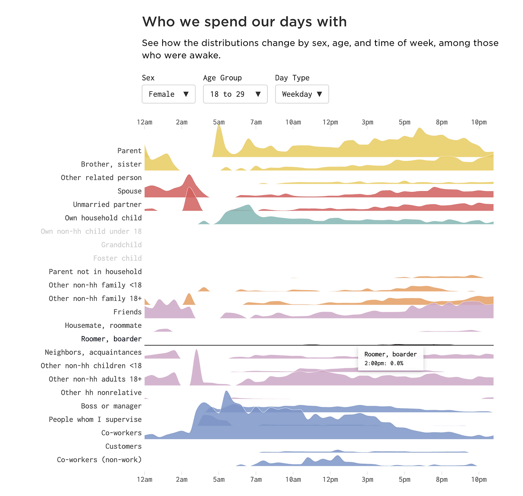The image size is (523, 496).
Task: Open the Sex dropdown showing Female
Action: coord(168,94)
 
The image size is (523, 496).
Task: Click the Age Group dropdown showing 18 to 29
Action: coord(235,94)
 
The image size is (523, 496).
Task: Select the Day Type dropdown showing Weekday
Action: coord(302,94)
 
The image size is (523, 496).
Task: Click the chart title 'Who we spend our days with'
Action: coord(244,22)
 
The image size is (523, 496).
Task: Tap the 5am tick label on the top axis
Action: coord(219,122)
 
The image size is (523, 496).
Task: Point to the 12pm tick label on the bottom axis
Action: coord(330,479)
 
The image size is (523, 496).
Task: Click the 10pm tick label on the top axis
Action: coord(479,122)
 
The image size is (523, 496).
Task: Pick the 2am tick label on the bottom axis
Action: coord(182,479)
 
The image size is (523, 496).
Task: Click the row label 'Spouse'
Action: coord(130,191)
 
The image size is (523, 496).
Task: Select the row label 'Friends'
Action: coord(127,312)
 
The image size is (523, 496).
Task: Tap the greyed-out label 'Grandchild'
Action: coord(121,245)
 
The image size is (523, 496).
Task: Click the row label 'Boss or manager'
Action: coord(111,406)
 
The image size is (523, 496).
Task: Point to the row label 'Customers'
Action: coord(123,446)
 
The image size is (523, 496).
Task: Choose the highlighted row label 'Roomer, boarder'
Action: coord(111,339)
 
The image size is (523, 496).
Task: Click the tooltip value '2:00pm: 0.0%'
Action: coord(384,363)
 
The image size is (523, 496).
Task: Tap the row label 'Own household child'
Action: coord(103,218)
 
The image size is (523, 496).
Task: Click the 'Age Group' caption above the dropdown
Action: coord(222,78)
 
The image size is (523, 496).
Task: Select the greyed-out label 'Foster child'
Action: coord(117,258)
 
